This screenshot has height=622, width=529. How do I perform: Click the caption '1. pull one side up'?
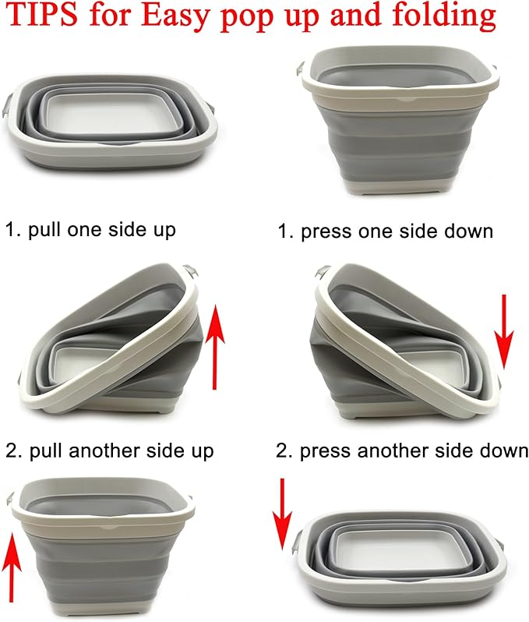(90, 230)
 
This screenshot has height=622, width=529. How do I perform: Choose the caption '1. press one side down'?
(386, 231)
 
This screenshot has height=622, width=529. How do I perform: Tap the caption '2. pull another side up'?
(110, 451)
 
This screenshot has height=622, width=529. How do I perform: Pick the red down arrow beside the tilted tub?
(504, 330)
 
